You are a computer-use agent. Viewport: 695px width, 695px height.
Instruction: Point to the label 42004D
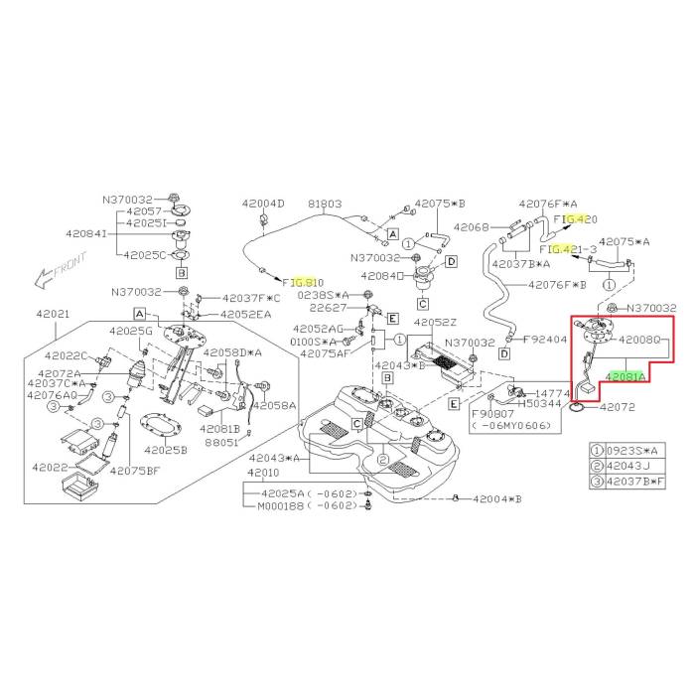(262, 204)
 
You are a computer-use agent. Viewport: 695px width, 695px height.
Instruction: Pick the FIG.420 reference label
(576, 218)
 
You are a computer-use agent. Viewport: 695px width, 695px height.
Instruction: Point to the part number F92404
(544, 339)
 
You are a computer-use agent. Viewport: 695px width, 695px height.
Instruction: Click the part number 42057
(139, 212)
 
